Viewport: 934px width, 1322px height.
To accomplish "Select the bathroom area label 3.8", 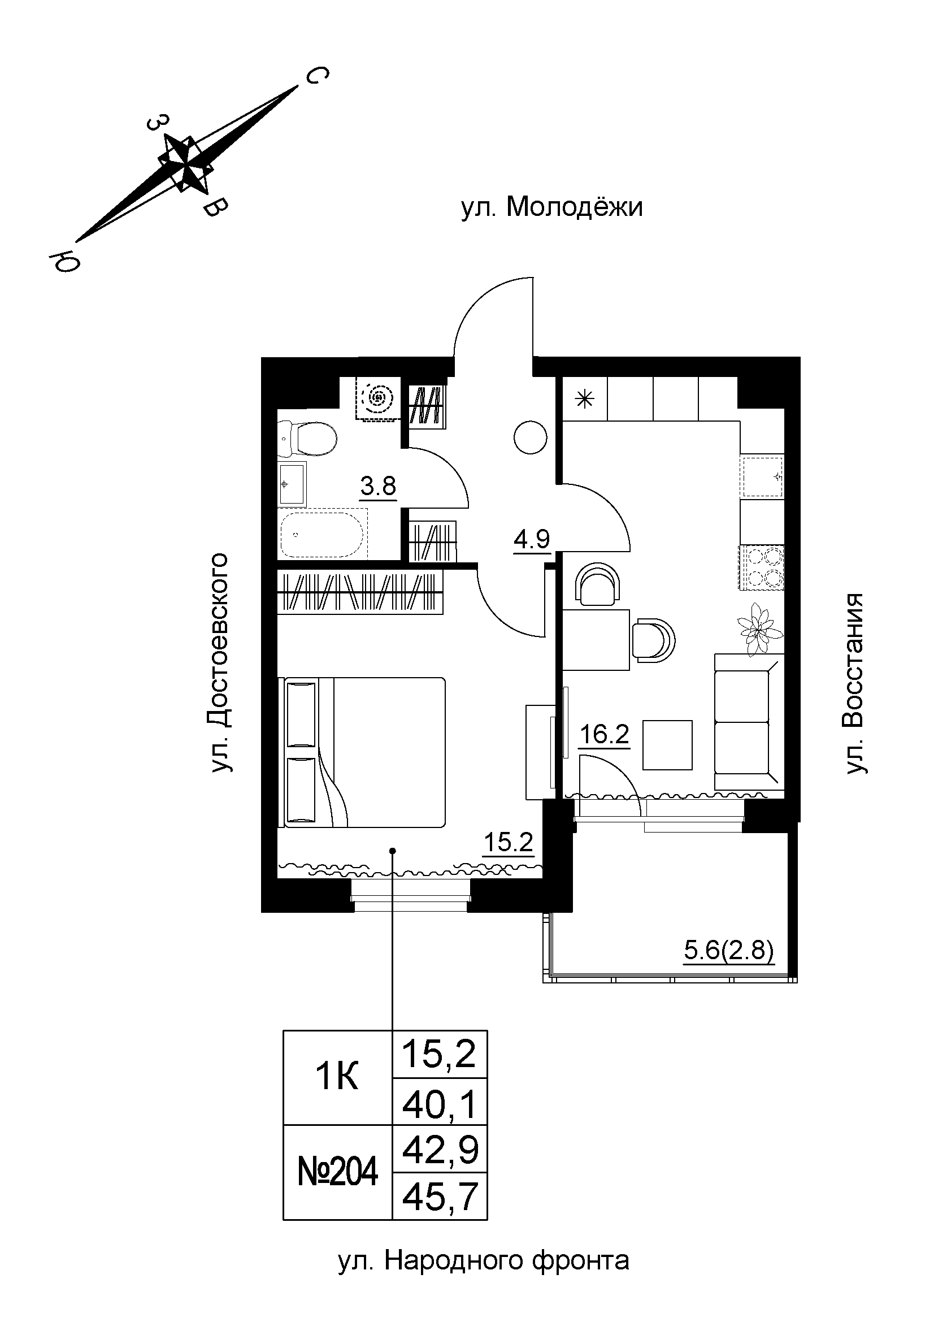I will [x=378, y=487].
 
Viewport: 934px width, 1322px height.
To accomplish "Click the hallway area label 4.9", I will [x=531, y=539].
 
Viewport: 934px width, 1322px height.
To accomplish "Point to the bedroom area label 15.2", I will [x=508, y=842].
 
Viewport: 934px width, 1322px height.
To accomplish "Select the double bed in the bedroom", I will [x=365, y=752].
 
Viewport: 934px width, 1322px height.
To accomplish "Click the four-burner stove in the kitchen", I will [x=762, y=567].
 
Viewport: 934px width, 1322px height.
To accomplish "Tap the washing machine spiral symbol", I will [x=377, y=397].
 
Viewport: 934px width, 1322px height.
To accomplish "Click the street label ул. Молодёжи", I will [x=551, y=207].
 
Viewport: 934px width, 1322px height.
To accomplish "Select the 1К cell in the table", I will [x=338, y=1076].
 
